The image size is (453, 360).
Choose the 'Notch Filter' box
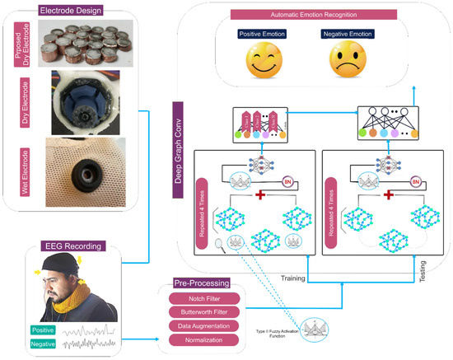tap(204, 297)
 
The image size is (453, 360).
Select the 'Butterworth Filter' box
tap(204, 311)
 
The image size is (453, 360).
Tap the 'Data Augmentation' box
tap(204, 325)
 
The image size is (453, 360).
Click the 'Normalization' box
tap(204, 339)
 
